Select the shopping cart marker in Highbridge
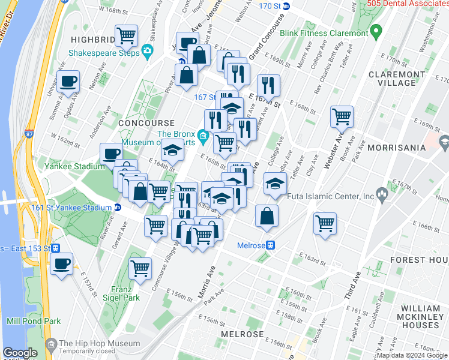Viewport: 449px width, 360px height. (x=126, y=36)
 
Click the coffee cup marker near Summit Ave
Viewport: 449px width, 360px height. (x=68, y=82)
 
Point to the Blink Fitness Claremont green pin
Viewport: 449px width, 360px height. (x=376, y=31)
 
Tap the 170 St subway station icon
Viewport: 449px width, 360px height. (x=286, y=7)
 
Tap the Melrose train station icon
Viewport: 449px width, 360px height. (x=271, y=245)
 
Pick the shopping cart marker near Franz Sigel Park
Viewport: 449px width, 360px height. (x=140, y=269)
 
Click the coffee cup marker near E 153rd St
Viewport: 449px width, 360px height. (x=61, y=264)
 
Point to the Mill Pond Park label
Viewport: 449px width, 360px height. (x=34, y=322)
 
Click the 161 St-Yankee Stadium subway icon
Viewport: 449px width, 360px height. (x=118, y=208)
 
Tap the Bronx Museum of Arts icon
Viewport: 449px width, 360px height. (x=203, y=136)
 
